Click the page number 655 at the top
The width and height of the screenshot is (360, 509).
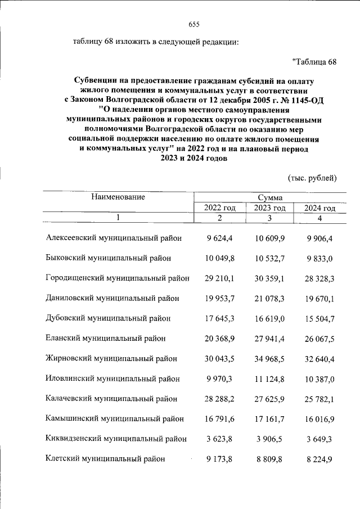[x=194, y=24]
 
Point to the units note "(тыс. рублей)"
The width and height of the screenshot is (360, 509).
[x=312, y=178]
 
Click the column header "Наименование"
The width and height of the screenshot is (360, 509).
[x=118, y=197]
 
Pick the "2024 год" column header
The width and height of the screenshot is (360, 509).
[x=319, y=208]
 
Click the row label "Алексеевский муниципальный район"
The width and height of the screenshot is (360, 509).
[x=114, y=238]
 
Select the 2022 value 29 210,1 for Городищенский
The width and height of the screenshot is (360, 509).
[x=220, y=278]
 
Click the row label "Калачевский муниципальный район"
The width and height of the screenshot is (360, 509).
[x=111, y=399]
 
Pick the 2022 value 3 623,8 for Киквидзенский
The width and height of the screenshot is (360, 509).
[x=220, y=439]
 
